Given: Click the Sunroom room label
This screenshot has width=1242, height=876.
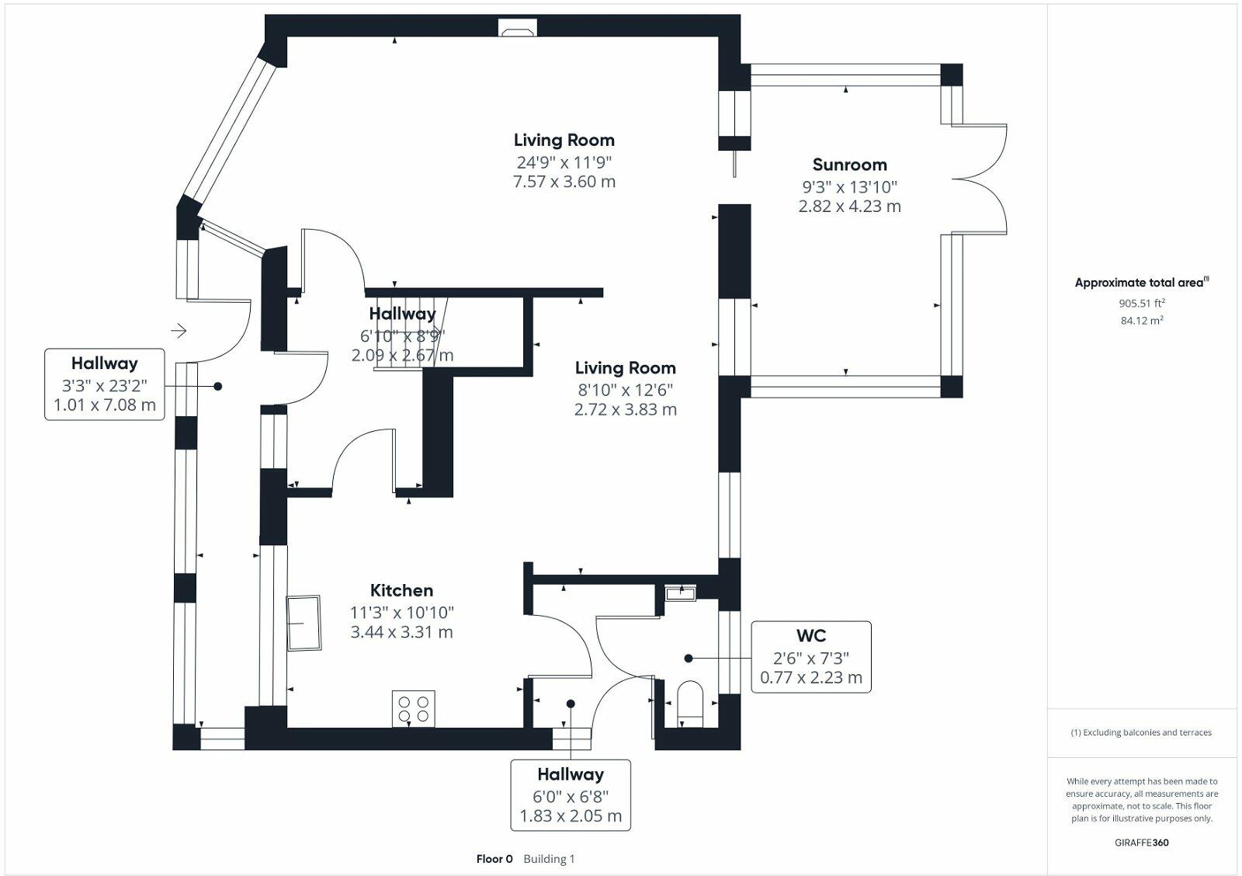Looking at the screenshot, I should pos(849,165).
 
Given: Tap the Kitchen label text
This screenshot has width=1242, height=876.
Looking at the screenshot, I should pos(401,590).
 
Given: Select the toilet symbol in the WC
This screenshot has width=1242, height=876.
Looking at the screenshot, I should pos(690,702).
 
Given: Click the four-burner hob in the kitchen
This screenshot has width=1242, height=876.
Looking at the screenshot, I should pos(414,708).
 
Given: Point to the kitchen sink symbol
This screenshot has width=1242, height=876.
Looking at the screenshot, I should pos(304,623).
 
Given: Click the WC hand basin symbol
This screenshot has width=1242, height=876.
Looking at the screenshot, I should pos(681,593).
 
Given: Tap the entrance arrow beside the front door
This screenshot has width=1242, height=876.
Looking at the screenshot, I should pos(179,332).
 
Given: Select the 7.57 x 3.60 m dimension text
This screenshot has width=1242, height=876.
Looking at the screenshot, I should pos(564,182).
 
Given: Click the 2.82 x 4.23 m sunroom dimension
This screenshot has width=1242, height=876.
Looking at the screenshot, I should pos(849,207).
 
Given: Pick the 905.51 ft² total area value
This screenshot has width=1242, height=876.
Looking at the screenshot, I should pos(1142,304).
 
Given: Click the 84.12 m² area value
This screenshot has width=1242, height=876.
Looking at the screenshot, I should pos(1142,320).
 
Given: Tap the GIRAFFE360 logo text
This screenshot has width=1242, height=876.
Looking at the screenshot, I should pos(1142,843).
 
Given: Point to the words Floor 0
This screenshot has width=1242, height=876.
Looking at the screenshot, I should pos(494,859).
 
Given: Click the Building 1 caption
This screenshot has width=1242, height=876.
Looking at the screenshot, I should pos(549,859).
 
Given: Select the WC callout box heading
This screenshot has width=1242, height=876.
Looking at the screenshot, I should pos(811,636).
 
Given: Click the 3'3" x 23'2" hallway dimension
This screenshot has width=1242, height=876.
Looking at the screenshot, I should pos(104,384).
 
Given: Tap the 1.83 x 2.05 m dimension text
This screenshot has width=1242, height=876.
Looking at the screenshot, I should pos(571,816).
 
